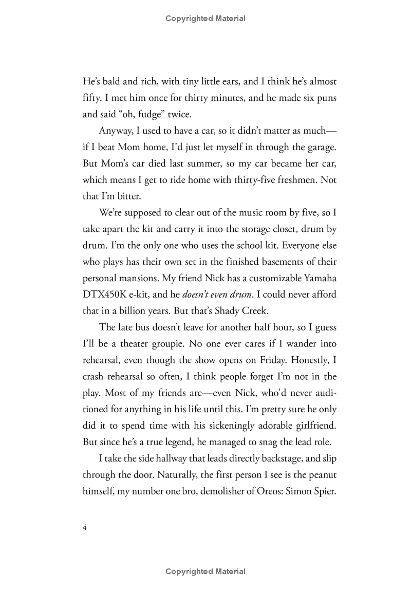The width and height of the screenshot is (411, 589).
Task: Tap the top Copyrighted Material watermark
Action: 206,19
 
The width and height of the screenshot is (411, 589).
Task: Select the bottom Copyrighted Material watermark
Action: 206,572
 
